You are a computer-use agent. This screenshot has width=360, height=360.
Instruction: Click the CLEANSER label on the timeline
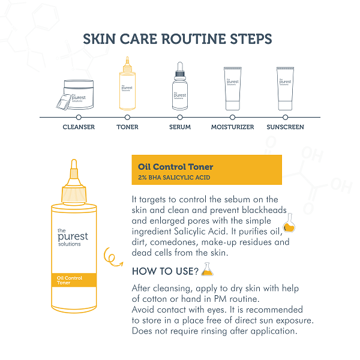pos(79,127)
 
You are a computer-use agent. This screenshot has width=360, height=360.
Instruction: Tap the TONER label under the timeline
pos(127,127)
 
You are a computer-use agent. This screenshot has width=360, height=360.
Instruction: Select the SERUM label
pos(180,127)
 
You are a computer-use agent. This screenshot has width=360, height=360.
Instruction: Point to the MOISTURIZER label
pos(232,127)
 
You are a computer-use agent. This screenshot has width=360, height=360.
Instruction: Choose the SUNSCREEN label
pos(285,127)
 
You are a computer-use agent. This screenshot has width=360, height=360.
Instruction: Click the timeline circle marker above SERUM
pos(180,118)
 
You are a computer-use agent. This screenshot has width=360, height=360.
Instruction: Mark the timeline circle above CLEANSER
pos(79,118)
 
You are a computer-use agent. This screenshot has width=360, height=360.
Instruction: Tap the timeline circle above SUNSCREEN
pos(285,118)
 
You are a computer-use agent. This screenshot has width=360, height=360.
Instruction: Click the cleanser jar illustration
pos(76,95)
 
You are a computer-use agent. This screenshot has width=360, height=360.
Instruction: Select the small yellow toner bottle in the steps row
pos(127,83)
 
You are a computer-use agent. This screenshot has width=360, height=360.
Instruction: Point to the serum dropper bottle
pos(180,86)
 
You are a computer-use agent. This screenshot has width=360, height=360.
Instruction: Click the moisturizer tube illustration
pos(233,89)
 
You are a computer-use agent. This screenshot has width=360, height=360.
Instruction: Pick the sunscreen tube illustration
pos(285,89)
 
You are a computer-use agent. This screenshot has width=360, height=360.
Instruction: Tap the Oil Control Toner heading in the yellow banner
pos(175,167)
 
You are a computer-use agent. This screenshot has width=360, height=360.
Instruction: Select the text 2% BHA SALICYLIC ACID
pos(174,178)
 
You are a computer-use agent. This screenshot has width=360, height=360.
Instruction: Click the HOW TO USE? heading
pos(165,271)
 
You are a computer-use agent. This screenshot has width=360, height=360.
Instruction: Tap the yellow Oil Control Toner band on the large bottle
pos(74,280)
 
